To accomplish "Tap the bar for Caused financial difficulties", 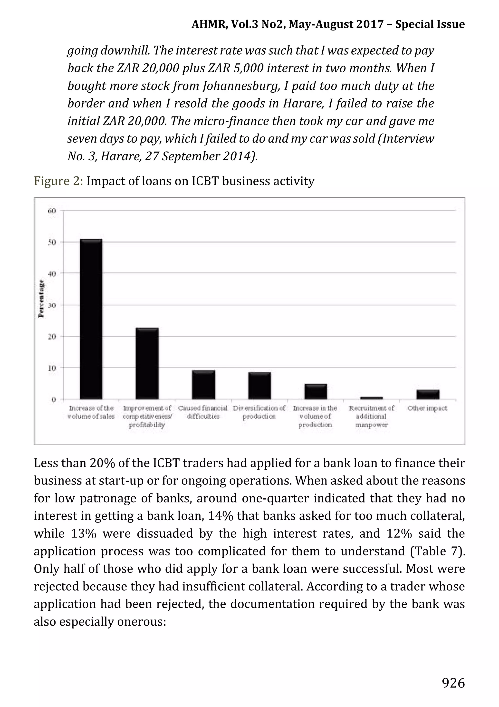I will pos(203,385).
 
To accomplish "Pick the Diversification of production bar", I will pos(259,386).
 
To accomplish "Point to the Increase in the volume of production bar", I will pos(316,392).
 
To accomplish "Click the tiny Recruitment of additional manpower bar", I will pos(372,398).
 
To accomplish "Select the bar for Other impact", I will pos(428,395).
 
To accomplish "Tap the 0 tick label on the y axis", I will pos(54,400).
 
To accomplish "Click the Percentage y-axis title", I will pos(41,299).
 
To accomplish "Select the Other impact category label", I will pos(428,408).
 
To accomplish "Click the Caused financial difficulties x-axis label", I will pos(203,412).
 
